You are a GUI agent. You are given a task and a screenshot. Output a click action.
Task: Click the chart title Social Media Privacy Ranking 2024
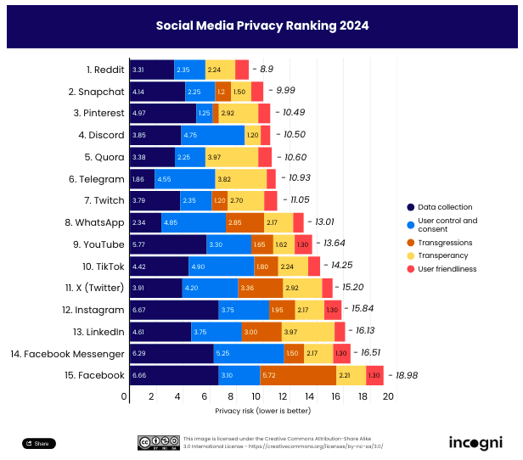click(261, 25)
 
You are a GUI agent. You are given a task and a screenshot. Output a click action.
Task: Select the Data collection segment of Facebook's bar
click(173, 375)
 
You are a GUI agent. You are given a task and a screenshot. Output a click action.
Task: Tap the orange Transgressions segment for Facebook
click(298, 375)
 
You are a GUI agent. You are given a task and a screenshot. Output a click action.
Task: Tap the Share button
click(38, 443)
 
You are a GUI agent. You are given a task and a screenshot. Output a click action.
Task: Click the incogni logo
click(475, 442)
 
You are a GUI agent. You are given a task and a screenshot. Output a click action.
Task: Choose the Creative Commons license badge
click(150, 442)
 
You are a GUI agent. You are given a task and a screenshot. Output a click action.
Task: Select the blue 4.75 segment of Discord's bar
click(212, 135)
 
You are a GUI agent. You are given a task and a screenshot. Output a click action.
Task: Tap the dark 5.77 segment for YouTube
click(167, 244)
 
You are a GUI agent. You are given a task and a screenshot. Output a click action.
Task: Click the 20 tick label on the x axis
click(389, 396)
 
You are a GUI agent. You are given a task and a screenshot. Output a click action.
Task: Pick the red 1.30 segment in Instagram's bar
click(332, 310)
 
